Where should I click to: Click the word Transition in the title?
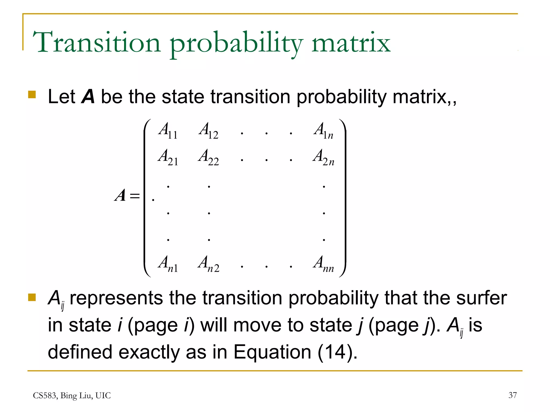[97, 42]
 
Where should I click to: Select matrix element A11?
[168, 131]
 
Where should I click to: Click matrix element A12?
[209, 131]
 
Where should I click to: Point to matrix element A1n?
[324, 131]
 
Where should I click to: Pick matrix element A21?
[168, 157]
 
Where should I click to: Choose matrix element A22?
[209, 157]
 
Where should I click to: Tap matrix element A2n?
[324, 157]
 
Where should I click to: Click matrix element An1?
[168, 264]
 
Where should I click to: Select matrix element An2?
[209, 264]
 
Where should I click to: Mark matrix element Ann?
[324, 264]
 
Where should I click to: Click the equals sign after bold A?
[135, 196]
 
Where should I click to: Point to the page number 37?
[512, 395]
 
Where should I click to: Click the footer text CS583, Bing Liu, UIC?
[72, 396]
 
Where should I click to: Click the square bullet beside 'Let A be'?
[32, 95]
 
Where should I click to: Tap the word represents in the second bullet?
[116, 298]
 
